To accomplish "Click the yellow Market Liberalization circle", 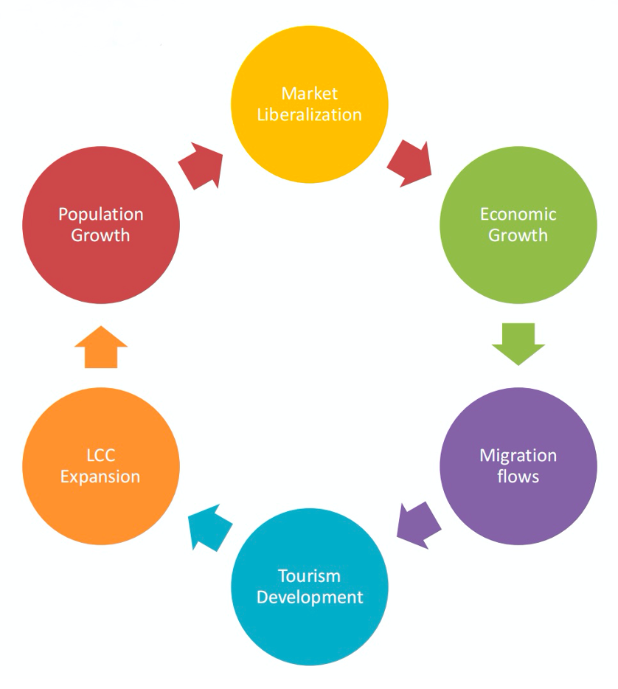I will [310, 104].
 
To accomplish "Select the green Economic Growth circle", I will [518, 225].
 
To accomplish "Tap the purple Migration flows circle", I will [518, 465].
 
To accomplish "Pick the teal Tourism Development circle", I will [310, 586].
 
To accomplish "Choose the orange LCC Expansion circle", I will [101, 465].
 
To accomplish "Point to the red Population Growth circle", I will [101, 225].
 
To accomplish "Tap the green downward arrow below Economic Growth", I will [518, 343].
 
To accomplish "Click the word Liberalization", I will [310, 114].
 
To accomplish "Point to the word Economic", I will [518, 215].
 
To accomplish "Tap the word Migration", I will [518, 455].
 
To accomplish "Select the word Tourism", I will [310, 575].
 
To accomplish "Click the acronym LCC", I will [100, 456].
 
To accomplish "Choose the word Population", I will [101, 215].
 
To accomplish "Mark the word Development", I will [310, 596].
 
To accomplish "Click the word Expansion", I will [100, 476].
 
